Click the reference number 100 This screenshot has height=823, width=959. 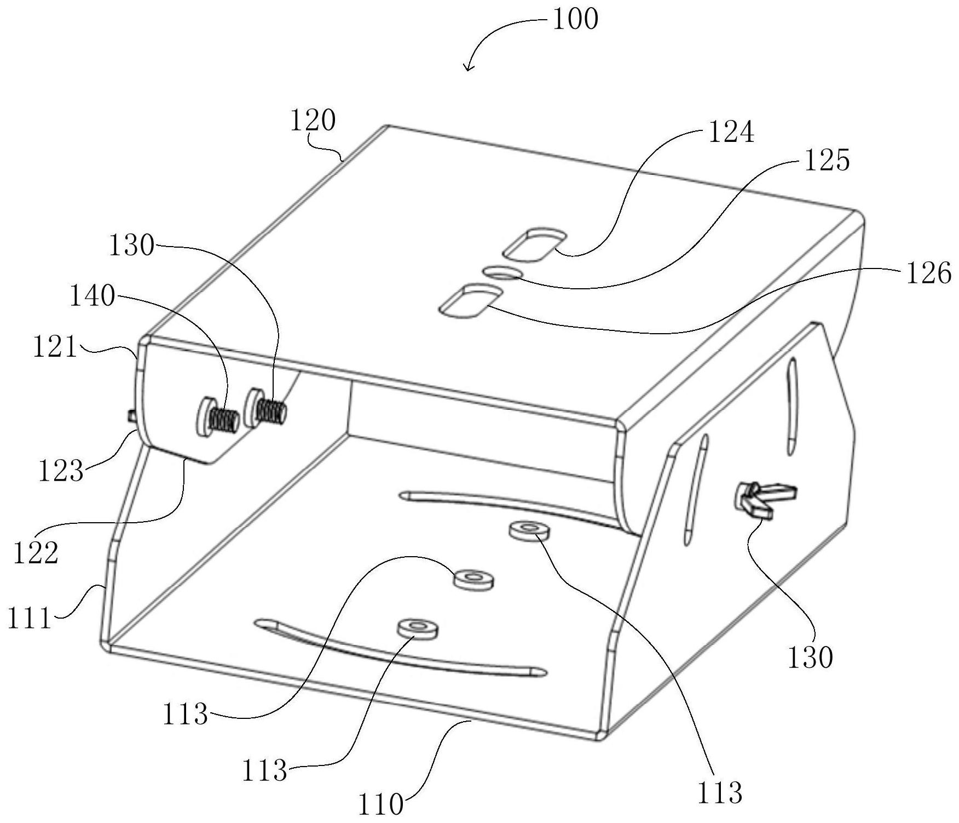575,20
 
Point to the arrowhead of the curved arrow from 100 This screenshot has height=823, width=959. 467,67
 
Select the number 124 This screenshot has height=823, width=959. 731,132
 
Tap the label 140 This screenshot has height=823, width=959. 92,296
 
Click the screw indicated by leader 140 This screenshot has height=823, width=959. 216,416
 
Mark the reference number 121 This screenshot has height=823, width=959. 55,347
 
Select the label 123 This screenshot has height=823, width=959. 61,471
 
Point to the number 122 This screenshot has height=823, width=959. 36,553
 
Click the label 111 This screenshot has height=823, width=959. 30,619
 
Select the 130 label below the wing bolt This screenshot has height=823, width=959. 810,657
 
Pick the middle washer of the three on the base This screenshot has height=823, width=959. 473,579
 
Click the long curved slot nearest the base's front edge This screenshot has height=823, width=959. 400,649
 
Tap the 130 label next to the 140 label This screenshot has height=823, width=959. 131,246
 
